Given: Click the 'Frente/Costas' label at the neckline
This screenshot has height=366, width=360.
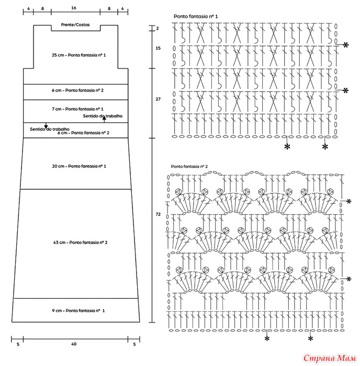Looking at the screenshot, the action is [75, 25].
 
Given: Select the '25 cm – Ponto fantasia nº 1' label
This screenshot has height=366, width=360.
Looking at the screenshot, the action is [78, 55].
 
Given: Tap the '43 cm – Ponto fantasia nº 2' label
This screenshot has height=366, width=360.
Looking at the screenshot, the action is [80, 242].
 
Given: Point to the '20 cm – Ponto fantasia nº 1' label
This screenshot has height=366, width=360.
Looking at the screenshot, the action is [79, 166].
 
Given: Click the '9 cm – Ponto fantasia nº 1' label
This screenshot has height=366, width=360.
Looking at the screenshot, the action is [78, 311].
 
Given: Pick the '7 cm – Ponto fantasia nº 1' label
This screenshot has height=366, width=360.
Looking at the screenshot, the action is [77, 109].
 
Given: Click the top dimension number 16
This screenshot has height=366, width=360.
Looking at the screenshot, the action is [74, 8].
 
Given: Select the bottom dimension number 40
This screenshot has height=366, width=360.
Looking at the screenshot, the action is [74, 344].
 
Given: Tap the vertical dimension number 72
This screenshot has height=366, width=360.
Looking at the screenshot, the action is [158, 214].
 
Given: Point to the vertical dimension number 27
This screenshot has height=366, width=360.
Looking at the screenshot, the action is [158, 99].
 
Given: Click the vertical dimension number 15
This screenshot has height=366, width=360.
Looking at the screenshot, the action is [158, 48].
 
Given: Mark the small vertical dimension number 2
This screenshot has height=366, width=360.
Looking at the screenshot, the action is [157, 28].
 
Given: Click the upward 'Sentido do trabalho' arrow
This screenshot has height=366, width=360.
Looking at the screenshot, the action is [104, 119].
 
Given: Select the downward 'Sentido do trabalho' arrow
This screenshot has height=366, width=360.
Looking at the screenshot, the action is [46, 125].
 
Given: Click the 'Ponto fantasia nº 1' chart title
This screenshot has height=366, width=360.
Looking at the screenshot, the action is [196, 16].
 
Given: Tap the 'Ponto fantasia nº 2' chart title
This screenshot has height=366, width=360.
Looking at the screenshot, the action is [189, 166].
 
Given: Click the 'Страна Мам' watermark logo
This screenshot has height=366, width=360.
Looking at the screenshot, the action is [330, 358].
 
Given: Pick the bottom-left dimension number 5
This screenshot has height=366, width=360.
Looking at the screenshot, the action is [18, 344].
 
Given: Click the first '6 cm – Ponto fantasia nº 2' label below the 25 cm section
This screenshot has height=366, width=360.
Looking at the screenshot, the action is [77, 90].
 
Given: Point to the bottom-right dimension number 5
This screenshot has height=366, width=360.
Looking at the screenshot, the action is [134, 344].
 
